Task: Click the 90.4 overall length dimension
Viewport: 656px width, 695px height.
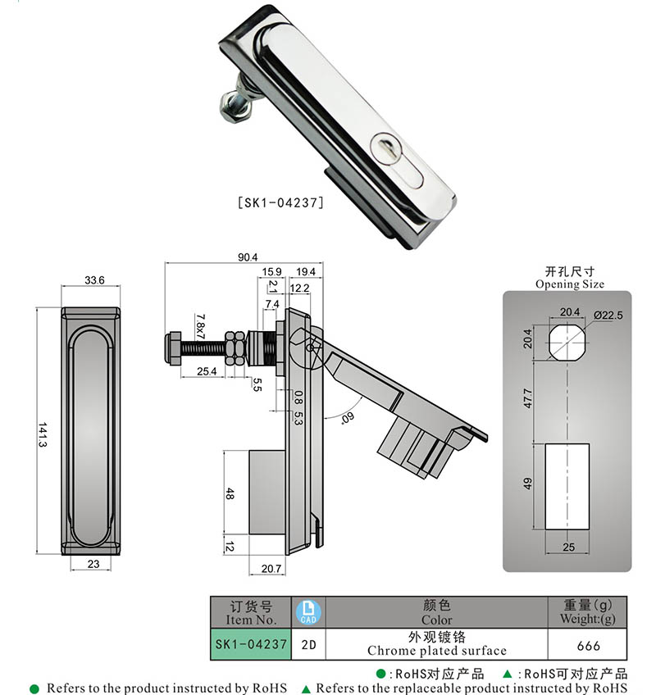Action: click(243, 257)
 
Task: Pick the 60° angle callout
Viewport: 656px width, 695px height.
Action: click(345, 418)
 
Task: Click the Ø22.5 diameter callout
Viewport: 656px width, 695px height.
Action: click(608, 316)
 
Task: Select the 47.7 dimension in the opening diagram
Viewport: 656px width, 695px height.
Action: click(528, 399)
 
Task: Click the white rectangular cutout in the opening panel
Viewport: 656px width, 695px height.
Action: click(567, 485)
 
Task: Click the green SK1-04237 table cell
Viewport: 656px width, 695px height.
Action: click(251, 644)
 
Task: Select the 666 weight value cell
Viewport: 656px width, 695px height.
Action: click(587, 645)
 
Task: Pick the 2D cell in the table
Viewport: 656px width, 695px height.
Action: click(309, 645)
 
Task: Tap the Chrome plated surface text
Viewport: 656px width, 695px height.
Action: click(436, 651)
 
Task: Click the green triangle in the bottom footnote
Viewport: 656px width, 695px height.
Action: click(307, 688)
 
